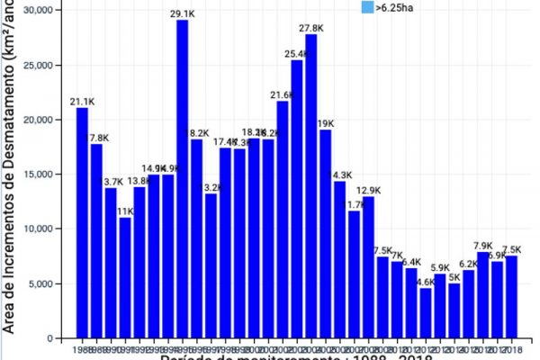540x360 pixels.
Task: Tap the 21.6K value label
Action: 282,95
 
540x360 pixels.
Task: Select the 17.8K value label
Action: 96,138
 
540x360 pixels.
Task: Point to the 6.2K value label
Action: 468,264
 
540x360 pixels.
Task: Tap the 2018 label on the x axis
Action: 510,346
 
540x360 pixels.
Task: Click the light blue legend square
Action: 366,7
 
